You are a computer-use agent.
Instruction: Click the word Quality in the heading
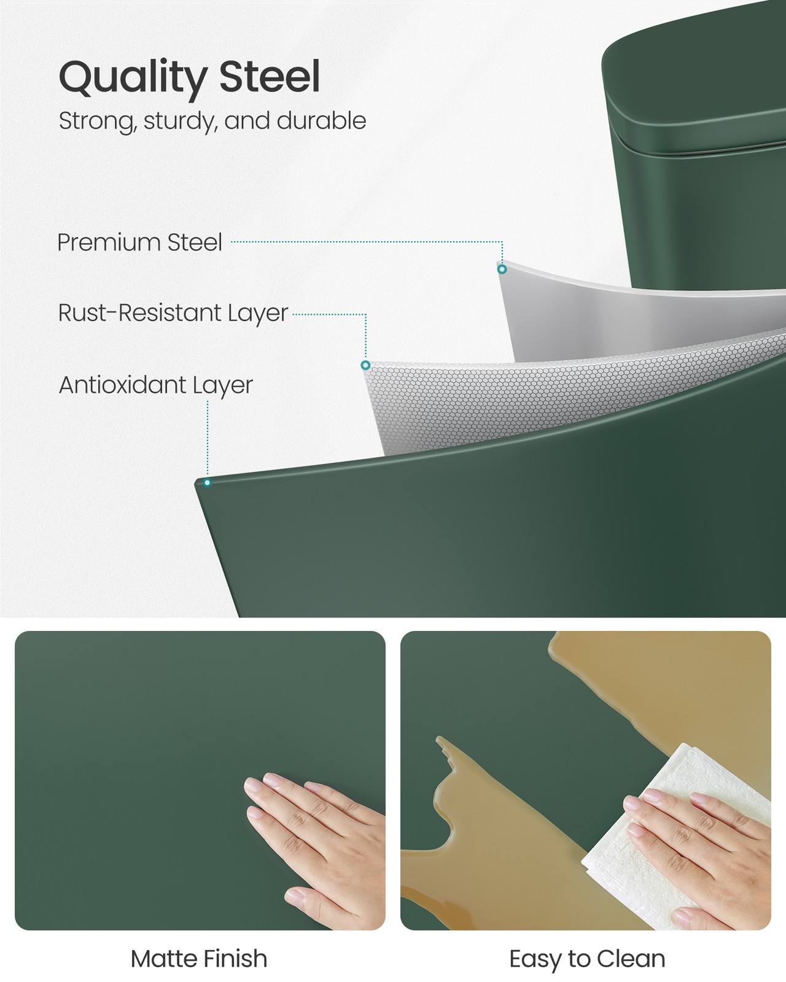133,77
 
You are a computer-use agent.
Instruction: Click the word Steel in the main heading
270,75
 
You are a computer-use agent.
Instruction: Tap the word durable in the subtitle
321,120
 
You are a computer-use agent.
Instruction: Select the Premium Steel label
140,242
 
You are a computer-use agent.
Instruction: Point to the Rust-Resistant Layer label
173,313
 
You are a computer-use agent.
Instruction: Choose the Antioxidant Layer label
156,385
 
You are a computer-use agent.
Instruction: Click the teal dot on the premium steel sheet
502,269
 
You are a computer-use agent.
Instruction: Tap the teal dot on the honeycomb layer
365,365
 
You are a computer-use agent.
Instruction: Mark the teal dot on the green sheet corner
208,483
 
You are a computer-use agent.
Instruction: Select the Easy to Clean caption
587,959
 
